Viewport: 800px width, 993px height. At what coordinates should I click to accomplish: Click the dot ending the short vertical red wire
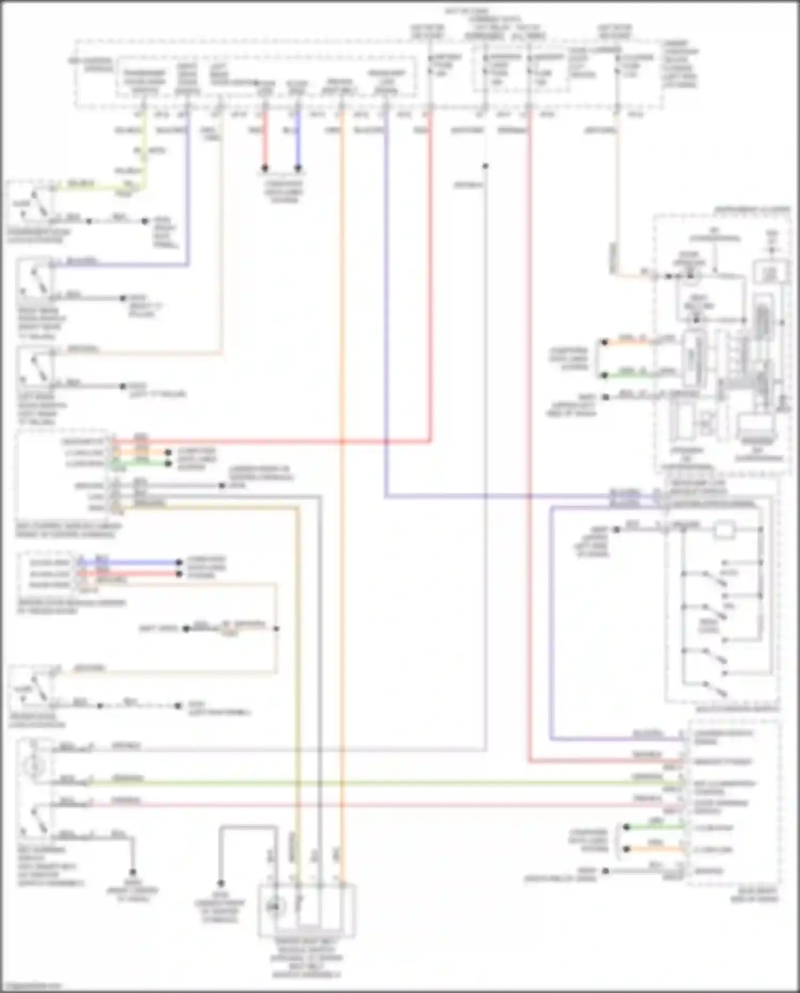265,168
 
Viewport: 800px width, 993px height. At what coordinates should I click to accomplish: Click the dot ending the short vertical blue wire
298,168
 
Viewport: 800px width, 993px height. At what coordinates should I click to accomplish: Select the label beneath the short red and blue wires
284,192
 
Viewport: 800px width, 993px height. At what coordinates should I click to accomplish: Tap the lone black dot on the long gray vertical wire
485,166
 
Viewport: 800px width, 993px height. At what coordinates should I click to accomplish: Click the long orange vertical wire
341,480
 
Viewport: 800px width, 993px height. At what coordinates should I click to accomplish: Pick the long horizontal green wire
373,783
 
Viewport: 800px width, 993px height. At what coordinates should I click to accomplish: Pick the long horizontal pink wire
373,804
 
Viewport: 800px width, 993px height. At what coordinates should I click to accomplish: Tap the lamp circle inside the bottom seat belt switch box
276,905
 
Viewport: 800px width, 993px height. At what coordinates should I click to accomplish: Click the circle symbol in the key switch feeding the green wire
34,767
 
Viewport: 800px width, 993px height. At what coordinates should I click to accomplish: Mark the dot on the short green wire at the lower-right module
627,828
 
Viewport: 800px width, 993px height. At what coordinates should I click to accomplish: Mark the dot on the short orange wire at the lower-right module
627,849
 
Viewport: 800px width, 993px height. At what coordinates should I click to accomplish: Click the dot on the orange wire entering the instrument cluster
604,343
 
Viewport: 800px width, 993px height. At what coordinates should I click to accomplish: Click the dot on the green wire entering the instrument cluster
604,375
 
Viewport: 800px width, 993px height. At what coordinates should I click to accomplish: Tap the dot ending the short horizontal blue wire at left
180,562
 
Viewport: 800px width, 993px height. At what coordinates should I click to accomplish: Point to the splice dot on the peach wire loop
276,629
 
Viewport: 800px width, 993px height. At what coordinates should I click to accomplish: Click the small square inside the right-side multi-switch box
724,530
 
